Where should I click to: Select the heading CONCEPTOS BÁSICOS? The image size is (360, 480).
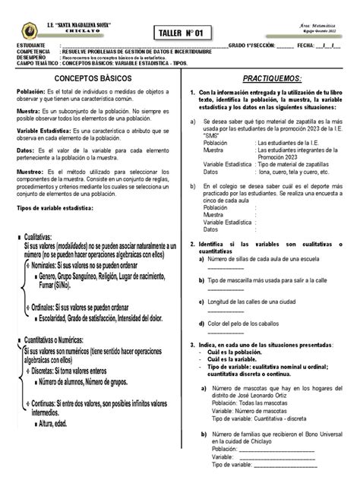pos(90,77)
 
